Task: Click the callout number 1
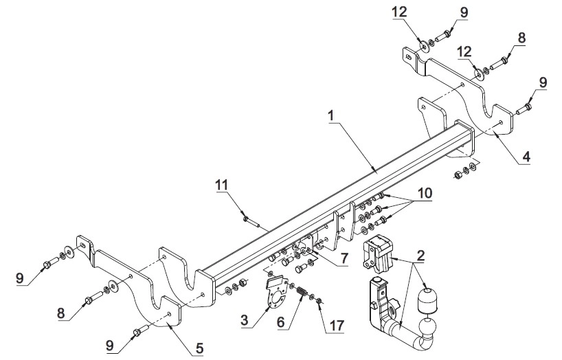coord(331,116)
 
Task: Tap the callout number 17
coord(336,325)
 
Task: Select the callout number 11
coord(222,185)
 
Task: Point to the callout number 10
coord(425,193)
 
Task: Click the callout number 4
coord(526,157)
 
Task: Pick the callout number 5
coord(200,348)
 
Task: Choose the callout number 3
coord(245,320)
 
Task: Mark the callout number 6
coord(280,322)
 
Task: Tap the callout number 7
coord(344,258)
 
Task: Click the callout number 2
coord(420,256)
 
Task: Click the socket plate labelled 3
coord(277,291)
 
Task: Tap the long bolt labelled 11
coord(251,221)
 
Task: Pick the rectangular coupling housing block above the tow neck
coord(378,252)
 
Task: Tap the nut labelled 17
coord(319,300)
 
